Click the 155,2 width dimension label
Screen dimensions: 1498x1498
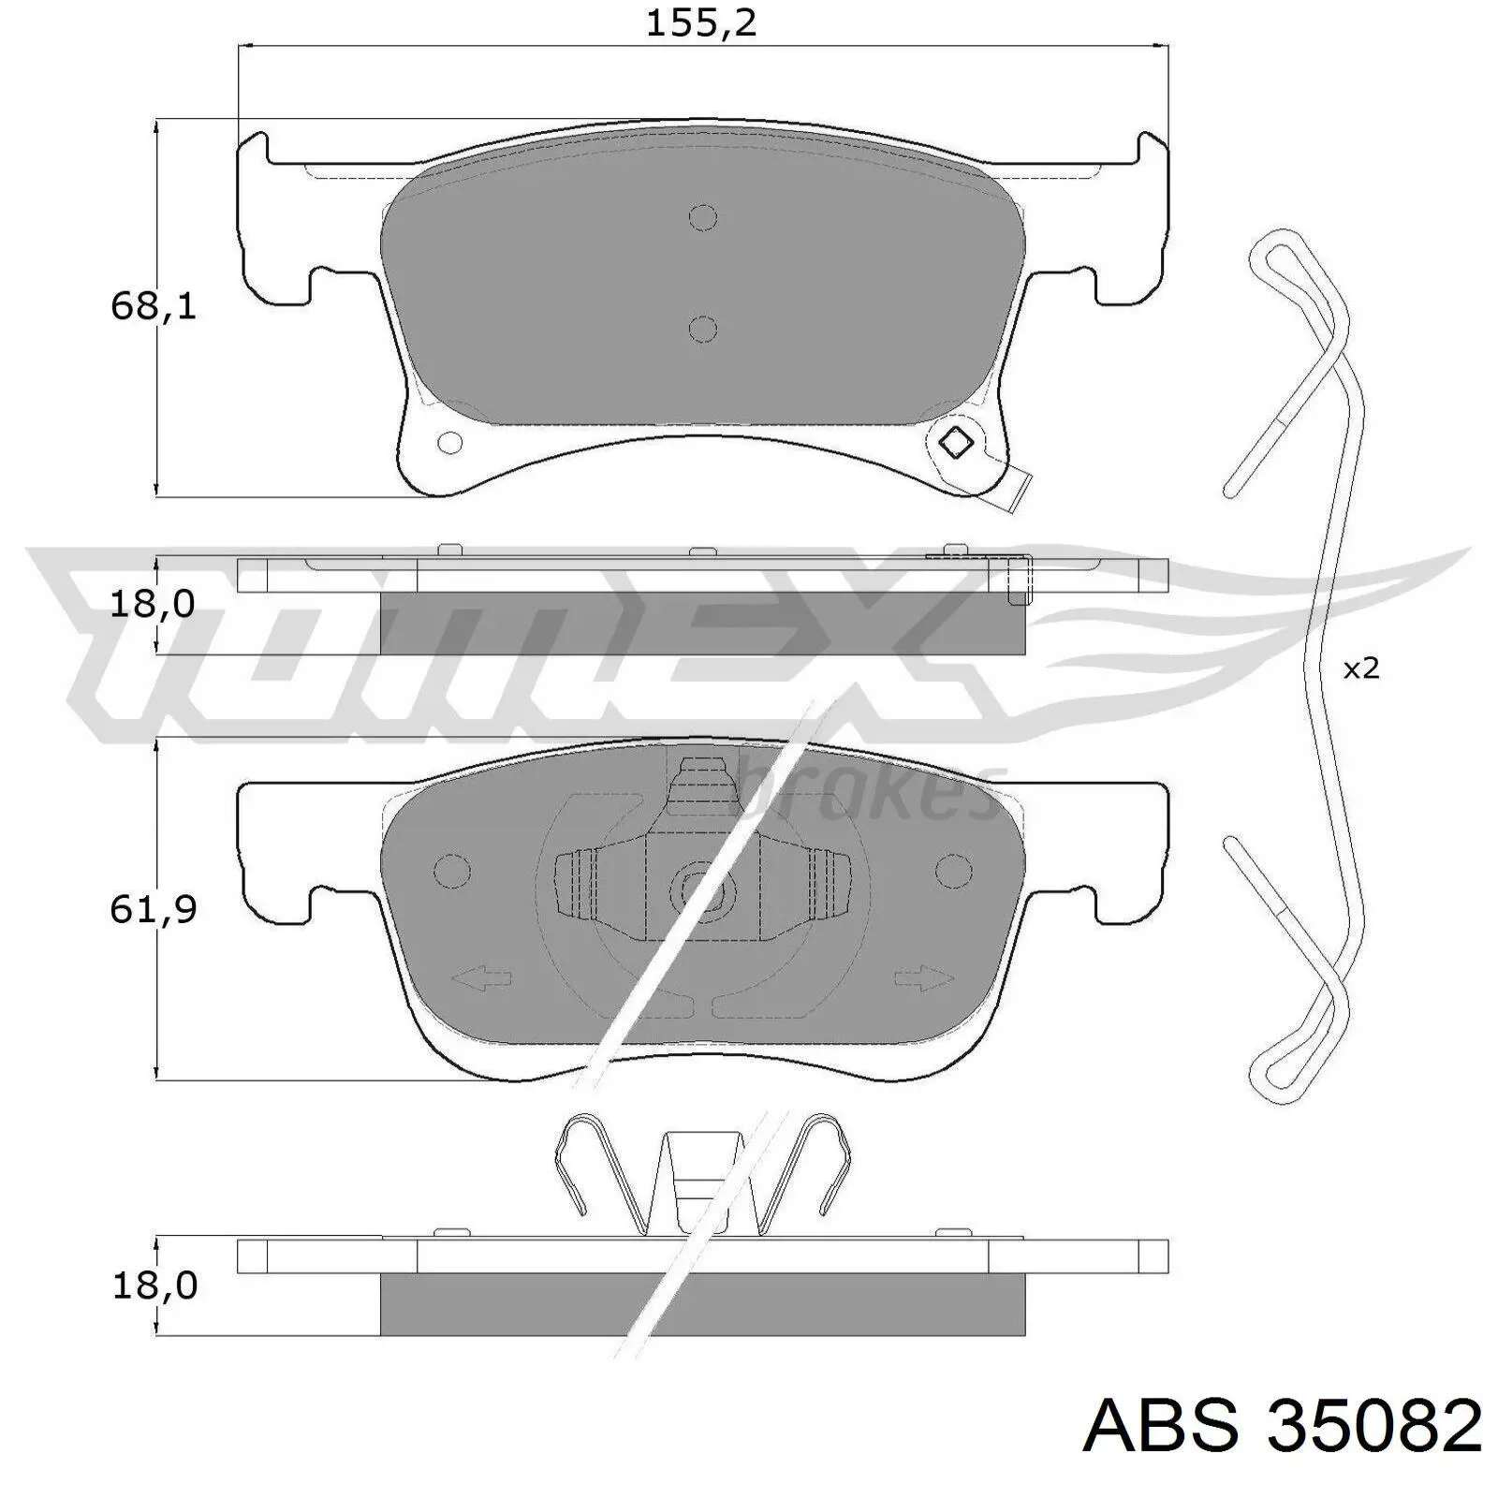click(701, 23)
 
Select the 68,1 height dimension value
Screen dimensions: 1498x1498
click(154, 306)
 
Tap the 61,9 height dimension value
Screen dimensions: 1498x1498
click(154, 909)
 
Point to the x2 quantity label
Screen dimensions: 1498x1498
click(1361, 668)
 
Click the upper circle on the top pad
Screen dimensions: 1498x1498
click(703, 218)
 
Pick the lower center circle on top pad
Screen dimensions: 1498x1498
click(703, 329)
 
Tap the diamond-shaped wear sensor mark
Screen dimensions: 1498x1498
click(956, 442)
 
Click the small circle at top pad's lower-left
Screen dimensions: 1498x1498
click(450, 442)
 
